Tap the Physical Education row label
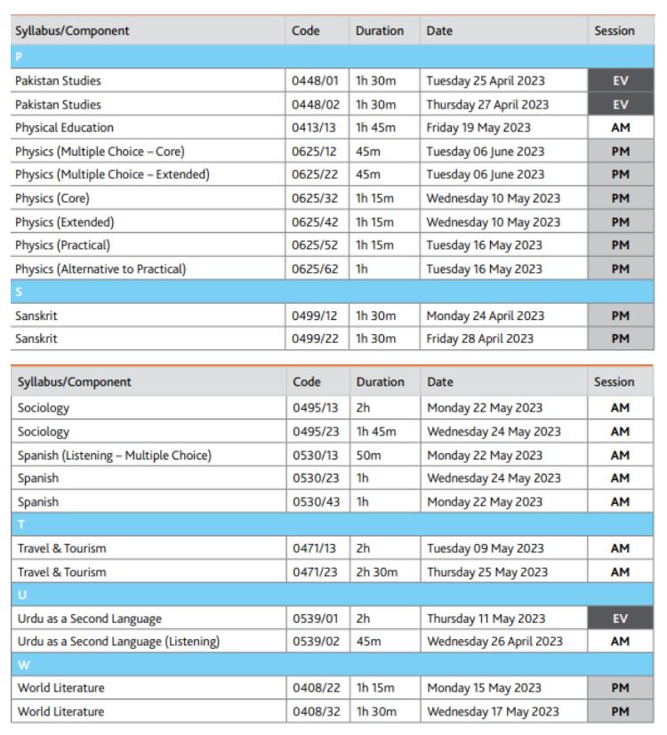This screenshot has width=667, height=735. click(x=64, y=127)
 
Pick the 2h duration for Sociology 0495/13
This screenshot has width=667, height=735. click(x=362, y=407)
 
